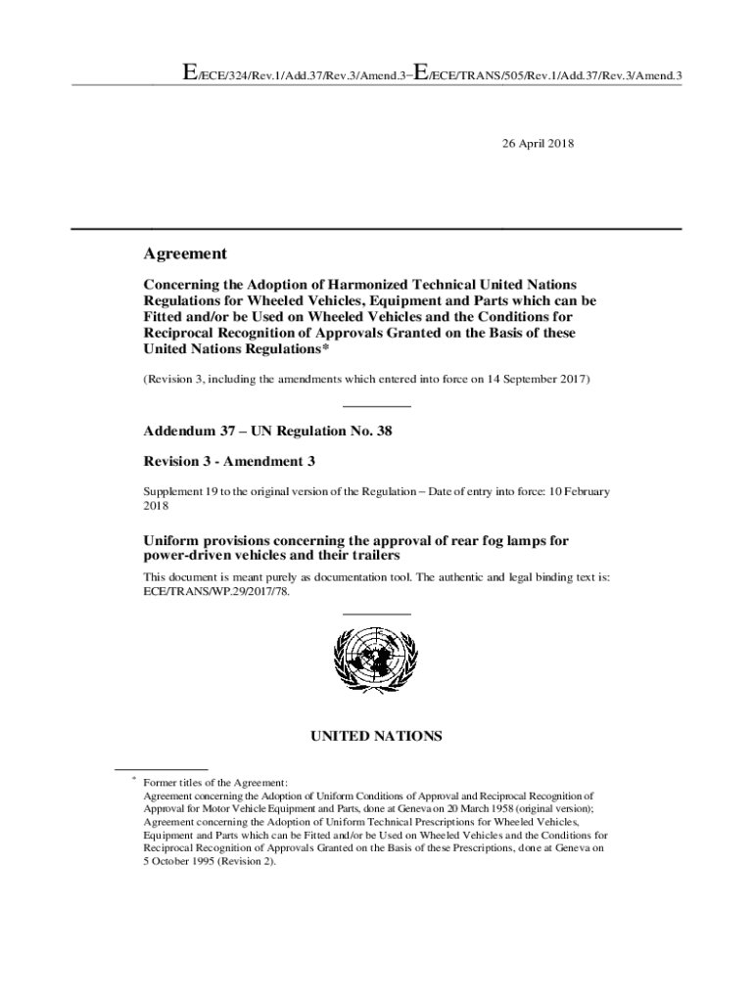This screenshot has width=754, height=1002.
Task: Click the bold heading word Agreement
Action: (x=185, y=253)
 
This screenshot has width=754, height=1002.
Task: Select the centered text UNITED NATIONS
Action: (x=377, y=736)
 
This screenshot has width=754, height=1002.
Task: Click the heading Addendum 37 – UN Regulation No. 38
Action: (x=267, y=431)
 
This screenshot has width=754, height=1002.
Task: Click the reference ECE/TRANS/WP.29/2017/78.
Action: (x=216, y=592)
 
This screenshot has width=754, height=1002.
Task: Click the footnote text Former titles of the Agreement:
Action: (x=215, y=782)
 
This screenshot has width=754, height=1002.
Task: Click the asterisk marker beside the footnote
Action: (x=132, y=779)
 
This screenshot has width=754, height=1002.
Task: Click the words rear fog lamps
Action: (x=474, y=541)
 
